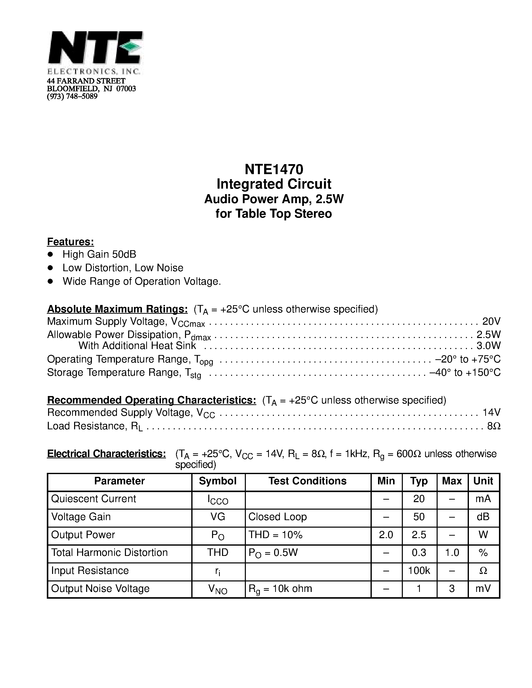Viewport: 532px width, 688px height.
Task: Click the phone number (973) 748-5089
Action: tap(72, 96)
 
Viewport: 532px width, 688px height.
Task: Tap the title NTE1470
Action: tap(274, 169)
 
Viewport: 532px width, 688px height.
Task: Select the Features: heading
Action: tap(71, 242)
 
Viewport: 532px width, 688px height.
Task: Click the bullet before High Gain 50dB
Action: tap(50, 254)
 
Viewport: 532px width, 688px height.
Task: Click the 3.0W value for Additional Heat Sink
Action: tap(488, 346)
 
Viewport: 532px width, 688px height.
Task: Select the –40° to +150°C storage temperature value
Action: tap(465, 373)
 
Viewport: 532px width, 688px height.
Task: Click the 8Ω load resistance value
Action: tap(493, 426)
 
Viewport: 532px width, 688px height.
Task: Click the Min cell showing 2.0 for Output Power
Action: tap(386, 535)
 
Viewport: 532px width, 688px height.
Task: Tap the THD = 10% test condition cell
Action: tap(275, 535)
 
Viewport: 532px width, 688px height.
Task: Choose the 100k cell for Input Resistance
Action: tap(419, 570)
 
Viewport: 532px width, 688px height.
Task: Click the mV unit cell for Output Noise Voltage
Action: tap(483, 588)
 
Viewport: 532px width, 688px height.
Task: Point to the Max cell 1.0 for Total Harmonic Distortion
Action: tap(452, 553)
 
